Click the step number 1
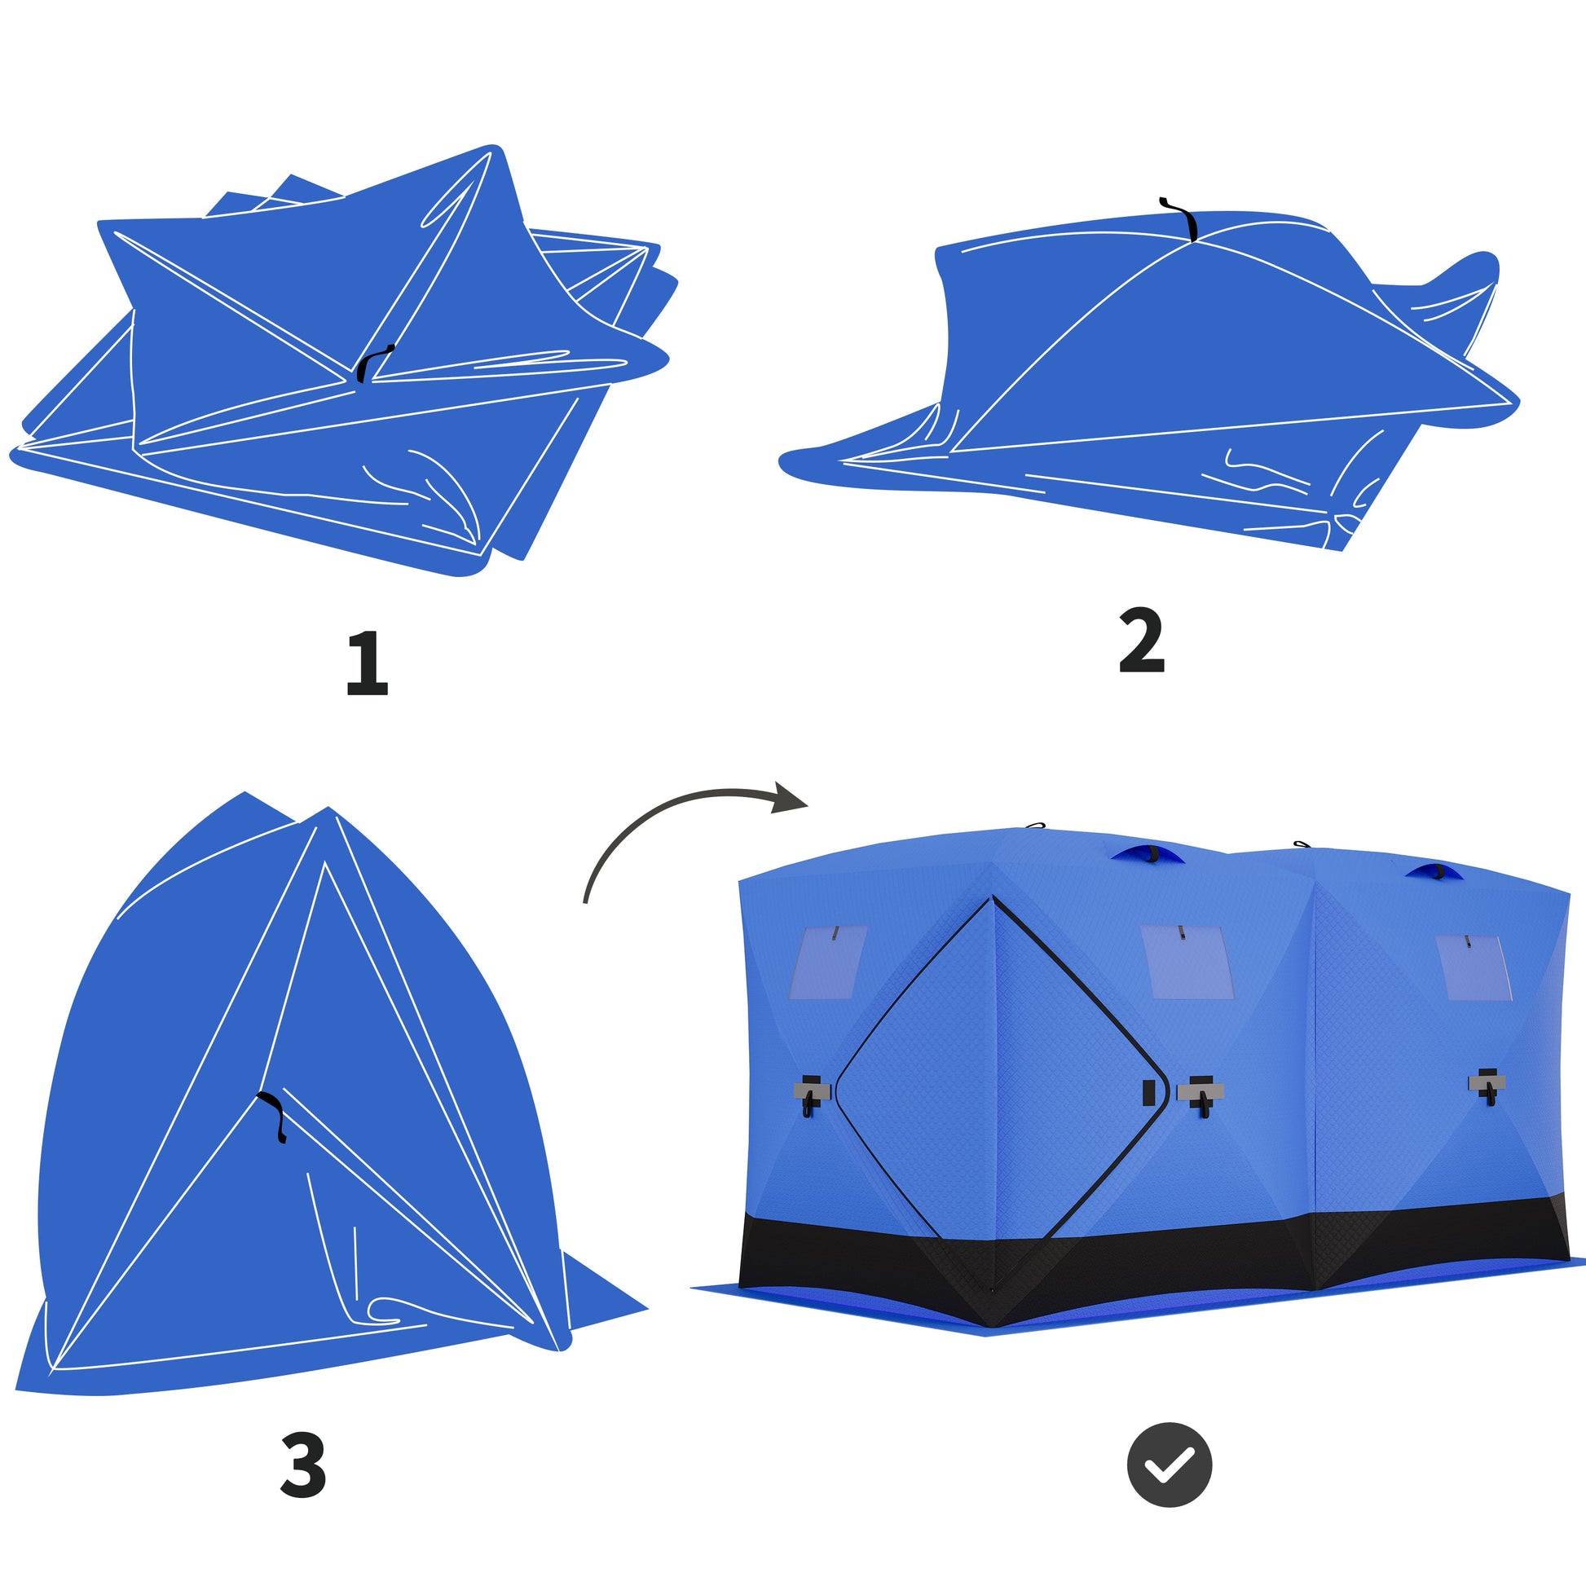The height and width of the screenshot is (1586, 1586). tap(367, 664)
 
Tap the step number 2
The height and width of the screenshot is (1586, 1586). tap(1141, 641)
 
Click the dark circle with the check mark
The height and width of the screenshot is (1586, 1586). tap(1169, 1465)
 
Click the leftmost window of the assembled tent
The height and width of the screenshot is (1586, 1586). tap(827, 962)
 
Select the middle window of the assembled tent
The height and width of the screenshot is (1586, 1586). tap(1187, 962)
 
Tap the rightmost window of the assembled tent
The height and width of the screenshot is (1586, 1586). tap(1473, 968)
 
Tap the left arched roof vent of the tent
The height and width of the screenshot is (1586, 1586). tap(1148, 855)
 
